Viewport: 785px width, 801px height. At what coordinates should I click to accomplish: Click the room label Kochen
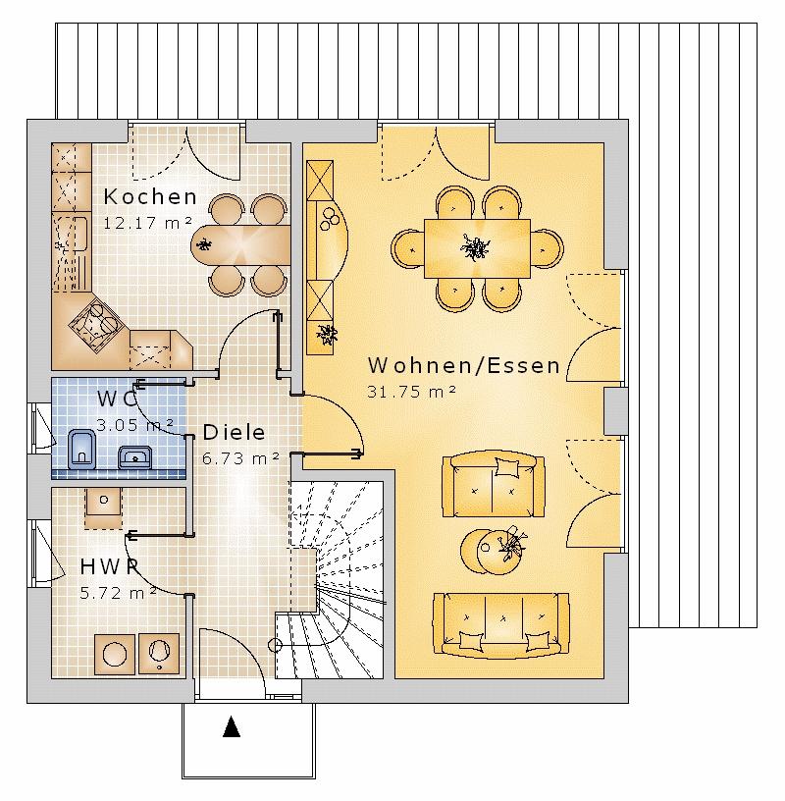pyautogui.click(x=150, y=196)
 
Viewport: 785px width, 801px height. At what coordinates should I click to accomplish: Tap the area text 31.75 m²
pyautogui.click(x=412, y=392)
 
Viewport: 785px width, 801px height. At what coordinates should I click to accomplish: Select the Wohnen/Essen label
pyautogui.click(x=463, y=366)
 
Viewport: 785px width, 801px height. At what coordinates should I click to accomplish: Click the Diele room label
pyautogui.click(x=234, y=432)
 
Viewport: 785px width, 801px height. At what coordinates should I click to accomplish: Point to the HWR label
pyautogui.click(x=108, y=566)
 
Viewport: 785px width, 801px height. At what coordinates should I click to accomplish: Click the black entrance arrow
pyautogui.click(x=232, y=727)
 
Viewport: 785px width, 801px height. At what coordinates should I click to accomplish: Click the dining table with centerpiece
pyautogui.click(x=477, y=249)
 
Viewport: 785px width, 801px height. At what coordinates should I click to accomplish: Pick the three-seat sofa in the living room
pyautogui.click(x=500, y=624)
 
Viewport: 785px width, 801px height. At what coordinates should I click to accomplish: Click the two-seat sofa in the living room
pyautogui.click(x=492, y=484)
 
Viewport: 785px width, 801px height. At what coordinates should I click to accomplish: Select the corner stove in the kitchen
pyautogui.click(x=97, y=323)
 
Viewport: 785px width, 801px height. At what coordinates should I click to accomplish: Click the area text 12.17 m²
pyautogui.click(x=147, y=223)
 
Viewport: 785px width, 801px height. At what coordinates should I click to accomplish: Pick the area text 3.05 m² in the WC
pyautogui.click(x=135, y=424)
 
